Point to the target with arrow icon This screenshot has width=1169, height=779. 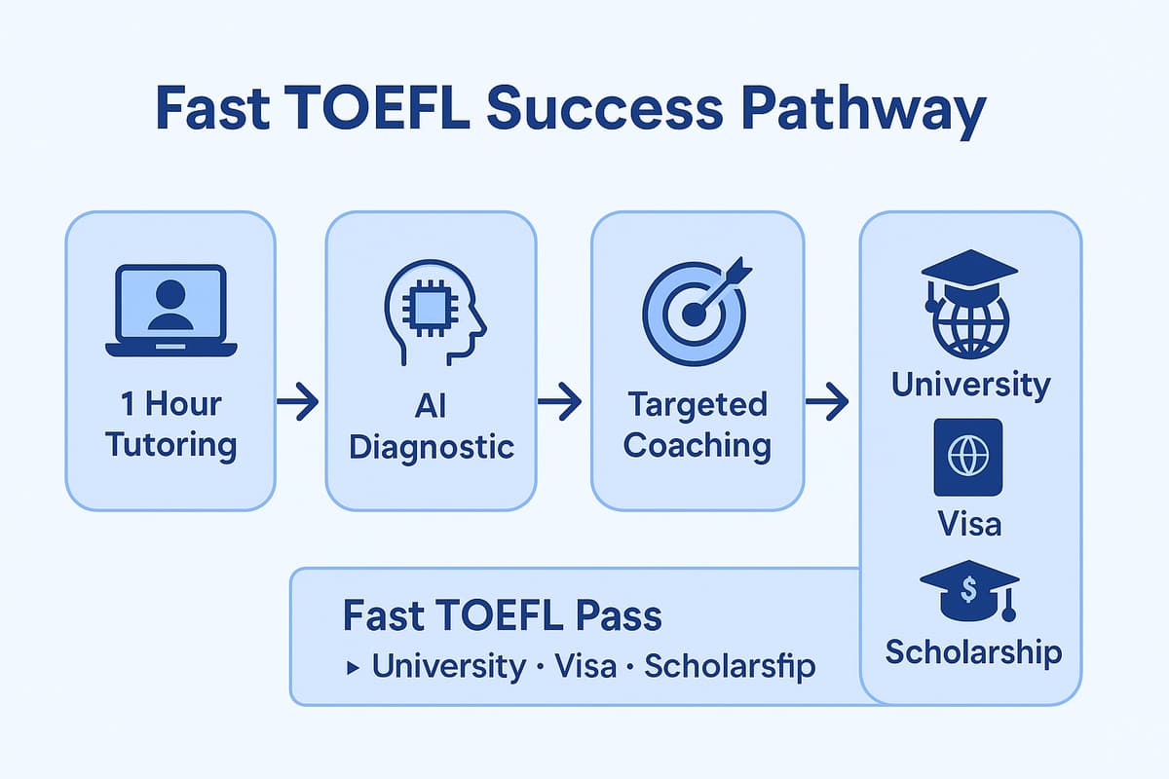point(697,307)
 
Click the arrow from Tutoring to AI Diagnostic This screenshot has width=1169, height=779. point(298,401)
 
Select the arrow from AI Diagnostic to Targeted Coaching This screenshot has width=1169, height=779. point(560,401)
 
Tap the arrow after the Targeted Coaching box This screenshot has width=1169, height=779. point(827,401)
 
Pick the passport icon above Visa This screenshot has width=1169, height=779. point(968,458)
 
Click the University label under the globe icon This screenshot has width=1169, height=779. point(970,385)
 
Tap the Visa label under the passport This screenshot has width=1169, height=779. point(969,525)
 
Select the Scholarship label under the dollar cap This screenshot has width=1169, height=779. point(973,651)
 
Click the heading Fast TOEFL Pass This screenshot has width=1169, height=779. point(502,616)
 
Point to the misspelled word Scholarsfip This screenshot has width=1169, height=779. point(730,667)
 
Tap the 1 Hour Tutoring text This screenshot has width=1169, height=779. point(170,425)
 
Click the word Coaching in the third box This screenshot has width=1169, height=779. point(698,445)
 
